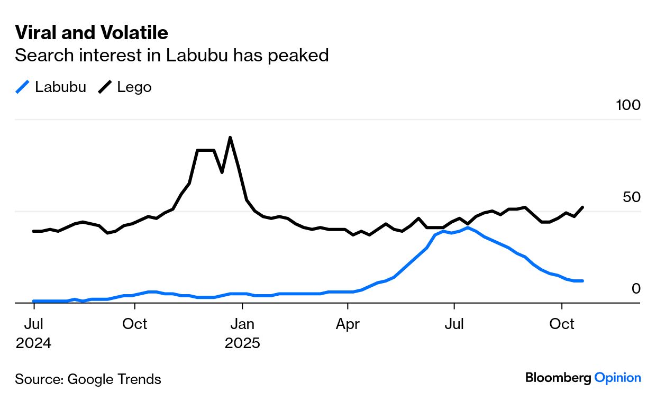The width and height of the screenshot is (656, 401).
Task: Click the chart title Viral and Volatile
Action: pyautogui.click(x=92, y=33)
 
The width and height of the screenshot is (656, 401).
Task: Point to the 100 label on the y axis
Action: pyautogui.click(x=628, y=105)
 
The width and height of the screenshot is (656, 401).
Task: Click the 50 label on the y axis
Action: pyautogui.click(x=632, y=197)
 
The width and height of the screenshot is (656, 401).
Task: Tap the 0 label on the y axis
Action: pyautogui.click(x=636, y=289)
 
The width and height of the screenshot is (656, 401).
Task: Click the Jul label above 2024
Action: pyautogui.click(x=34, y=324)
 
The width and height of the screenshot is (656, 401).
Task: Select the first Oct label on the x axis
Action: pyautogui.click(x=135, y=324)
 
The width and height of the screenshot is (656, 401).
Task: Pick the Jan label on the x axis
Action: pyautogui.click(x=242, y=324)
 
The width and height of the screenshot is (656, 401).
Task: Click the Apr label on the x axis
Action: pyautogui.click(x=348, y=324)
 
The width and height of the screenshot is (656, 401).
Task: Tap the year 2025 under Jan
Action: pyautogui.click(x=242, y=343)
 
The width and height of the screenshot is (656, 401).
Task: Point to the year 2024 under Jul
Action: pyautogui.click(x=34, y=343)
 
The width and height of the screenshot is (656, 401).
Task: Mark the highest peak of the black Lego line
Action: pyautogui.click(x=230, y=138)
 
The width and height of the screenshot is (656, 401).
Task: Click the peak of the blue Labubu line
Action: pyautogui.click(x=468, y=227)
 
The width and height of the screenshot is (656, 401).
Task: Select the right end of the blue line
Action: pyautogui.click(x=582, y=281)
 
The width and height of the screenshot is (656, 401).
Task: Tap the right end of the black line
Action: pyautogui.click(x=582, y=207)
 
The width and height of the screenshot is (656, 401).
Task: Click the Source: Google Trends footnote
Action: pyautogui.click(x=88, y=379)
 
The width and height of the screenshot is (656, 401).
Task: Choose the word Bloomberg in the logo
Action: pyautogui.click(x=558, y=378)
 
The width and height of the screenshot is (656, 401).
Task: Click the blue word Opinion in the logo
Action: pyautogui.click(x=617, y=378)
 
